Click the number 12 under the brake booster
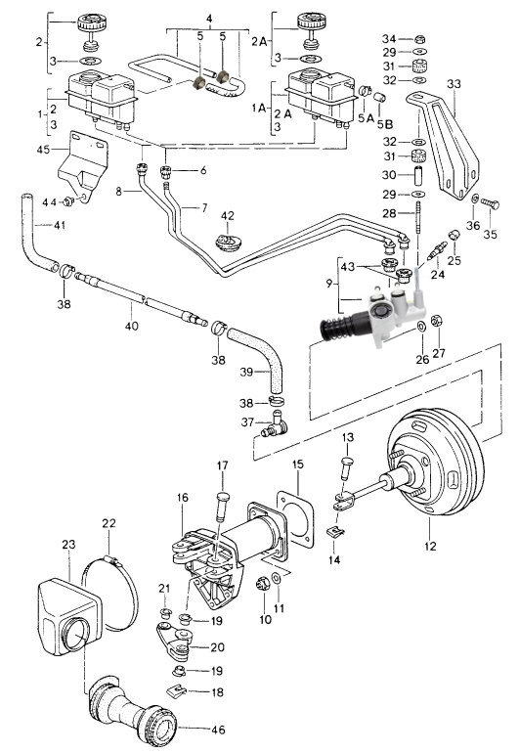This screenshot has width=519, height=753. [430, 546]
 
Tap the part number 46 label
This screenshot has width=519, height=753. [218, 730]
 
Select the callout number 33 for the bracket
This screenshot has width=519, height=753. [454, 83]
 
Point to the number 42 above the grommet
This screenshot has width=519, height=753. [228, 215]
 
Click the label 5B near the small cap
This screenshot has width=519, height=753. [385, 124]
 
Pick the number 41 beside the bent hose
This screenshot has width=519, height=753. [59, 225]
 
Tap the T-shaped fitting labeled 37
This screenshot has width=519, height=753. [275, 424]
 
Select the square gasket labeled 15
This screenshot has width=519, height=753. [296, 519]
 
